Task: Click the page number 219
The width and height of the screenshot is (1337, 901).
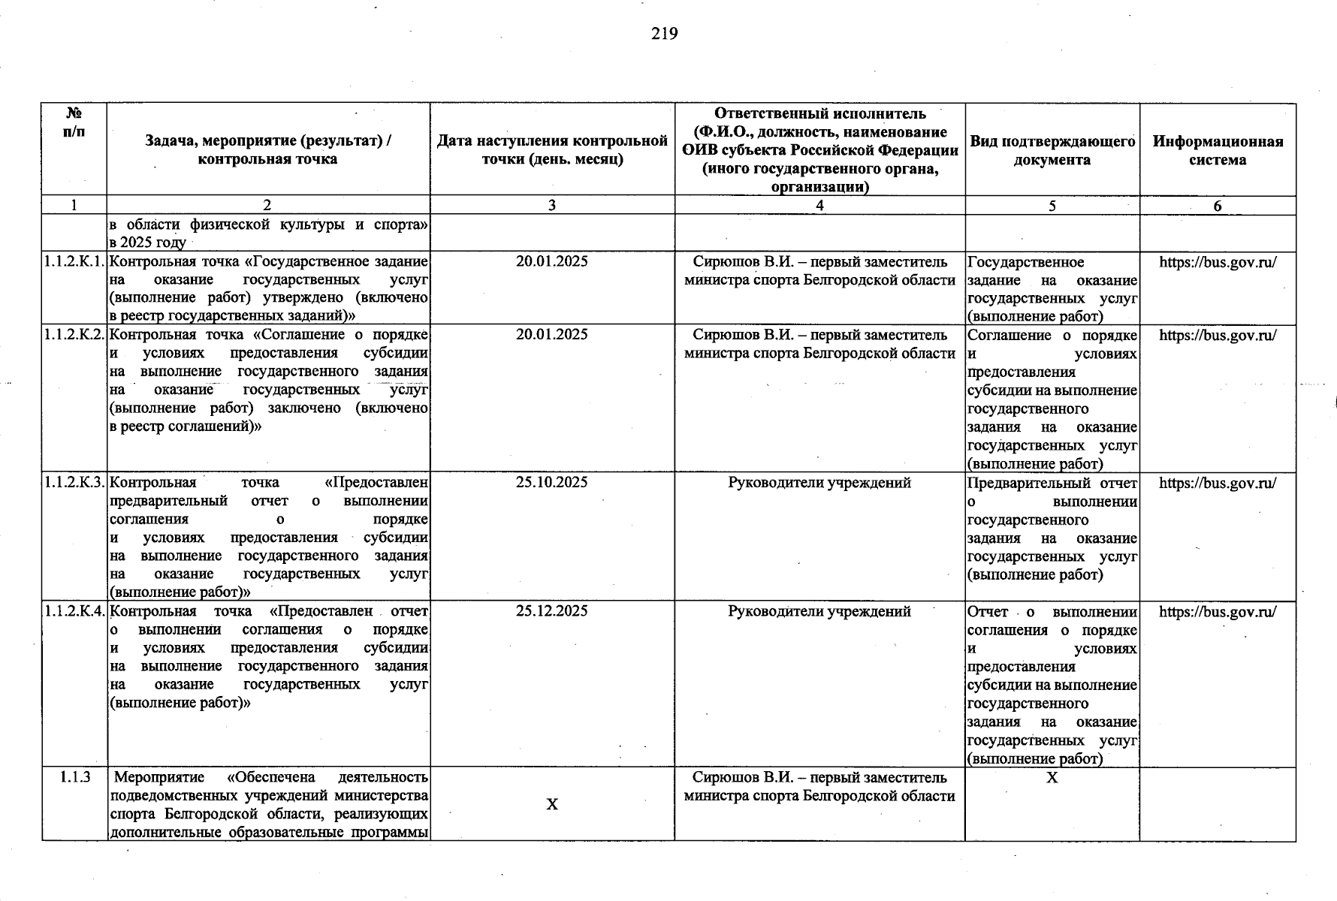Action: point(665,34)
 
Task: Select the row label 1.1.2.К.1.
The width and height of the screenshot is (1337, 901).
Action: point(74,262)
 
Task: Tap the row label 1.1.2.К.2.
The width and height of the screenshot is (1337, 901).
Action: point(74,335)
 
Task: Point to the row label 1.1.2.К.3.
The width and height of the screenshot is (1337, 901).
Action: point(74,483)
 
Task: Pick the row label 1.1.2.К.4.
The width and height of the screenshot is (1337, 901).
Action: point(74,611)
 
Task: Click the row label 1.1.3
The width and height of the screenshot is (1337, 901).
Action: point(74,777)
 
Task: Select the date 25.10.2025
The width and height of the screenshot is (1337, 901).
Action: point(551,483)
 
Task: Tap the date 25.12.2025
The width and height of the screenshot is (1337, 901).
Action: point(551,611)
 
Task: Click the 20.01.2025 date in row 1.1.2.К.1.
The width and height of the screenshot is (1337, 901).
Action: point(551,262)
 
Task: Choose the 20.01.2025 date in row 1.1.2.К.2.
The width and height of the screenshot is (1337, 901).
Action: point(551,335)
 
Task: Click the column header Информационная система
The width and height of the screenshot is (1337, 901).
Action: point(1218,150)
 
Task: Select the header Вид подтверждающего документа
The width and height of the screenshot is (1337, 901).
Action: point(1052,150)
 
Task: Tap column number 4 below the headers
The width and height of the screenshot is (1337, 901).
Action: point(819,206)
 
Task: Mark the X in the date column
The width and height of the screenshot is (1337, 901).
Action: point(551,804)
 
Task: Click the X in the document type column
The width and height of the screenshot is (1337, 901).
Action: point(1052,778)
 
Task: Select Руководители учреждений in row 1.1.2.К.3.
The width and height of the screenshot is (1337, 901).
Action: point(819,483)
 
